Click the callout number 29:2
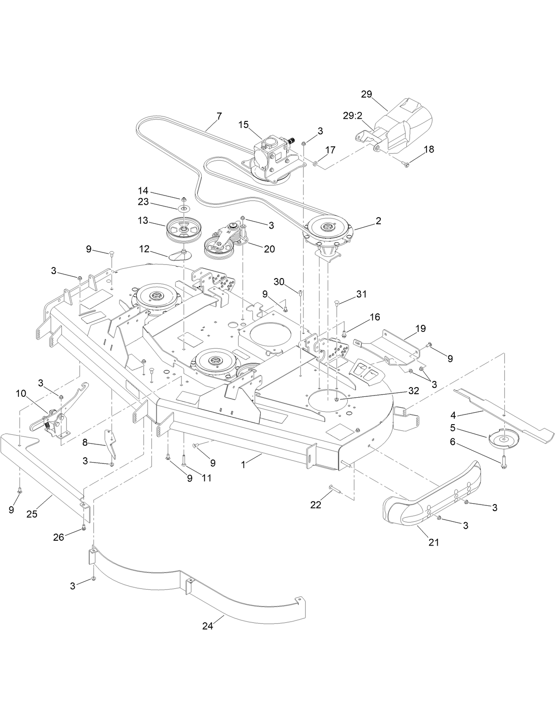click(x=353, y=116)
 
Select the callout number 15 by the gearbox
click(x=244, y=125)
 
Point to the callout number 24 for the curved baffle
click(x=208, y=626)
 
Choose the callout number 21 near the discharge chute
click(x=434, y=542)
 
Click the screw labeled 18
click(x=406, y=164)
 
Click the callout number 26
click(x=59, y=537)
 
